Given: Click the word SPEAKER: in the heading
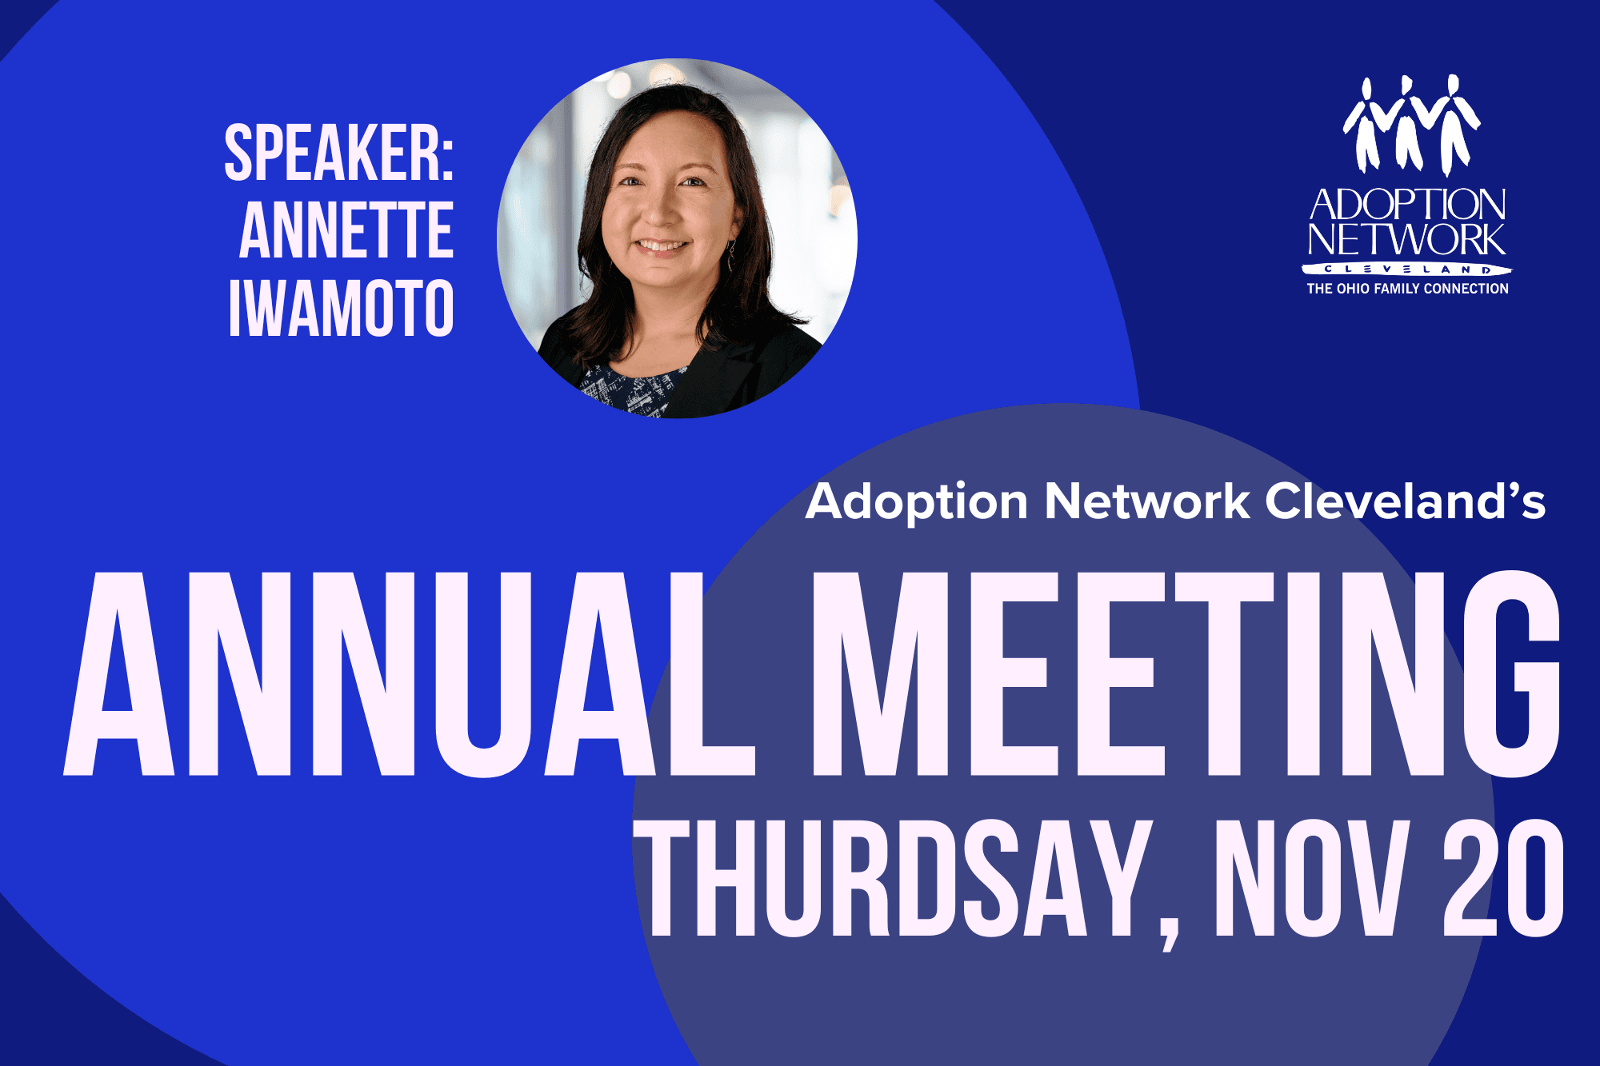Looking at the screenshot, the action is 339,153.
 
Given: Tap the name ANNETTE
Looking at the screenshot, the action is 346,230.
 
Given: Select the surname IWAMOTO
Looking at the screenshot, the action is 342,308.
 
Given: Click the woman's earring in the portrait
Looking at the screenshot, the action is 730,255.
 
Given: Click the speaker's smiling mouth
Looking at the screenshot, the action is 662,246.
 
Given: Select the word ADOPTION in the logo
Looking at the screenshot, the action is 1407,205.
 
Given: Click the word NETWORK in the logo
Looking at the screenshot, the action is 1407,239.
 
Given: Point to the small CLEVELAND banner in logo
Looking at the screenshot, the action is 1407,269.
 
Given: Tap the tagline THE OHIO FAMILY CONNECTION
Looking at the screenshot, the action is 1407,289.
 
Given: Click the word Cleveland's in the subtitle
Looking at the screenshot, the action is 1406,501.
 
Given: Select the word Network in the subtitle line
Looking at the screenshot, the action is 1147,501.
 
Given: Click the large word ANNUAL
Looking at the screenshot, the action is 410,673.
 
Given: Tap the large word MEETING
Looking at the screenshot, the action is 1186,673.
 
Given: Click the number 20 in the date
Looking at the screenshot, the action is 1503,878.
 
